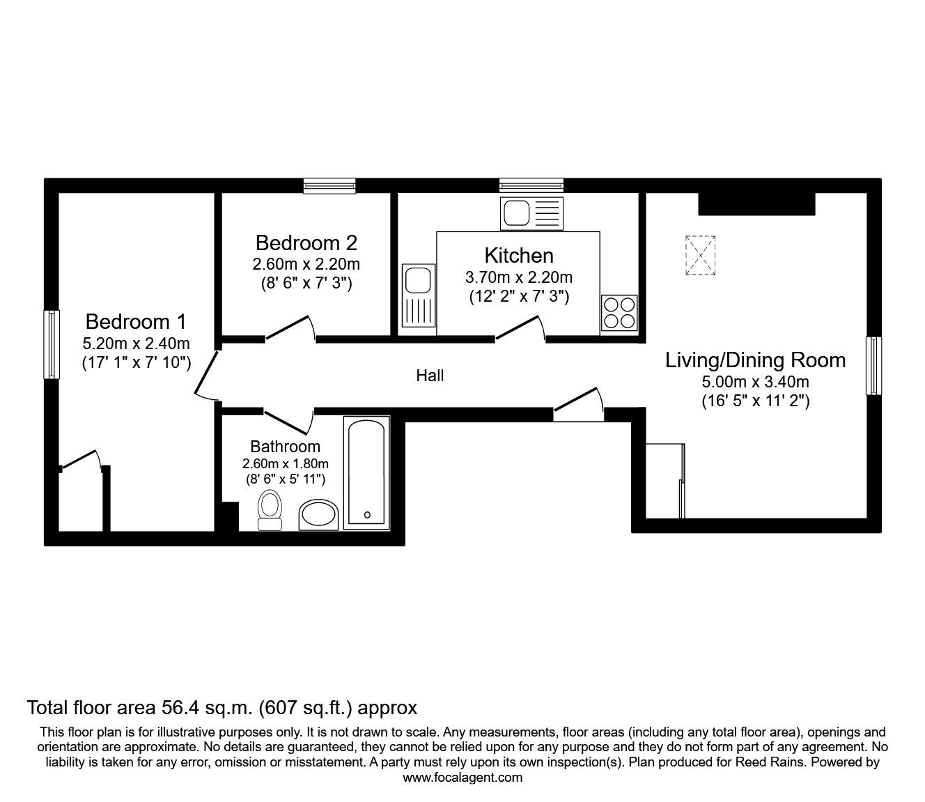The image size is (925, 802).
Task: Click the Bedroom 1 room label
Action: click(136, 321)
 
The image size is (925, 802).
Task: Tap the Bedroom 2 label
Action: click(306, 243)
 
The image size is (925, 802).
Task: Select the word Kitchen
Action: click(519, 256)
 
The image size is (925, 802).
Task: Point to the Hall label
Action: click(430, 376)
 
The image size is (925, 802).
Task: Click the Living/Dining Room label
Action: click(756, 360)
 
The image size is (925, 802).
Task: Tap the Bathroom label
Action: click(285, 447)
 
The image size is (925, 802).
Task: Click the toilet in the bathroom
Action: click(270, 510)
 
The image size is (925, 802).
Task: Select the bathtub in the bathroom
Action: click(366, 473)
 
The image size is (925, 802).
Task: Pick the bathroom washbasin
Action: click(318, 515)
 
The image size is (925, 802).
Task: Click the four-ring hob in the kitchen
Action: click(619, 313)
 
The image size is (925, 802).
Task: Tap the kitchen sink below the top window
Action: click(531, 213)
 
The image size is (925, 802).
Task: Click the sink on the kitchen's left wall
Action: click(419, 295)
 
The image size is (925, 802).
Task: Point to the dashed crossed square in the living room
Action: click(700, 255)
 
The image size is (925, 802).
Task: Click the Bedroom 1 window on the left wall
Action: click(52, 344)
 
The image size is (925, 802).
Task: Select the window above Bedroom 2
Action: click(329, 186)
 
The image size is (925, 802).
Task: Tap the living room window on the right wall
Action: click(874, 366)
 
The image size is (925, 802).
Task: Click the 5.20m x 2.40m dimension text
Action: click(136, 344)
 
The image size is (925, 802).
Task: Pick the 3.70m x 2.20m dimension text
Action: click(519, 277)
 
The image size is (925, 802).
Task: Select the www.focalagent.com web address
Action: click(462, 778)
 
